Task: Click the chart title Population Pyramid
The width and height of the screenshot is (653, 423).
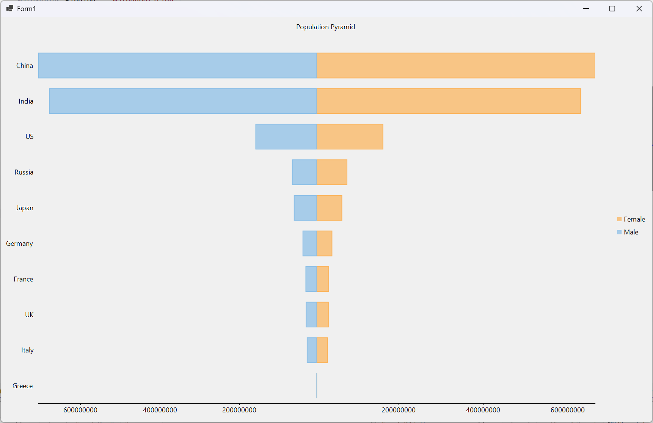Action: [x=325, y=27]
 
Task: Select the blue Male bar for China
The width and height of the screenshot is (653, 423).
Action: [x=177, y=66]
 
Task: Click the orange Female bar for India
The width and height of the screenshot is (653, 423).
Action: [x=449, y=101]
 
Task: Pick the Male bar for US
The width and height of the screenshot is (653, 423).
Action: [x=286, y=137]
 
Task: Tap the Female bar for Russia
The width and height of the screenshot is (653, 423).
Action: [x=332, y=172]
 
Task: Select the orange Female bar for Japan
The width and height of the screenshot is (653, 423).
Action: [x=329, y=208]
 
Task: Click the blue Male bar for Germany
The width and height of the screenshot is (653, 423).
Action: [x=309, y=244]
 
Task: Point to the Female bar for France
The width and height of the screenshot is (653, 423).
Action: [x=323, y=279]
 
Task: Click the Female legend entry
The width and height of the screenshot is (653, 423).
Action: [x=631, y=219]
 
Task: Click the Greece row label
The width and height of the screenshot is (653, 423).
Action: [x=23, y=386]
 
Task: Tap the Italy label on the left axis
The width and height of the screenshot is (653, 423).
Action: [x=27, y=350]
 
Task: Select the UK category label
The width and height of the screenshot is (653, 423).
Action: [x=29, y=315]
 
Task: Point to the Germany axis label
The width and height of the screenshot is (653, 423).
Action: [x=19, y=244]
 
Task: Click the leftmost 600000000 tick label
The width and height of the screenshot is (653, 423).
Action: [x=80, y=410]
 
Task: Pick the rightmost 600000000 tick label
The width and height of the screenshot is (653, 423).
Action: [x=567, y=410]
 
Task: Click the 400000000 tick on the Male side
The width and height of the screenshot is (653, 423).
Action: [x=160, y=410]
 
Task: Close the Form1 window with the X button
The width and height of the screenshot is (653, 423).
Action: [x=639, y=9]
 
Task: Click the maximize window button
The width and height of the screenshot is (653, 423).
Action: [x=612, y=9]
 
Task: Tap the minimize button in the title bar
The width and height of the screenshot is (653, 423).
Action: [x=586, y=9]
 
